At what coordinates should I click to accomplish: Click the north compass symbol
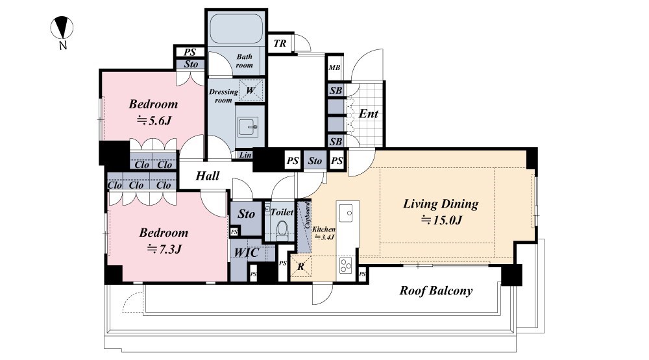click(62, 28)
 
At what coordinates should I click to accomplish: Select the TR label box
click(280, 43)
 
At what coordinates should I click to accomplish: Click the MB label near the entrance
click(334, 67)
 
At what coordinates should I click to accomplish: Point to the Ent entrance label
click(369, 114)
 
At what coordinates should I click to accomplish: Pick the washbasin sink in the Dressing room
click(248, 126)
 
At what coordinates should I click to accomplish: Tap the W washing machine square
click(251, 90)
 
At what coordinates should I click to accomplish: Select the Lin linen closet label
click(245, 155)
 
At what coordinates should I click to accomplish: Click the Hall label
click(208, 176)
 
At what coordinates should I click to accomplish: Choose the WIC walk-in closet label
click(247, 252)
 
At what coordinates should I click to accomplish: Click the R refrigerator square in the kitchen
click(301, 267)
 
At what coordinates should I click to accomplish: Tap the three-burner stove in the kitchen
click(346, 265)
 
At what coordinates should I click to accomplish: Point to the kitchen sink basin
click(346, 213)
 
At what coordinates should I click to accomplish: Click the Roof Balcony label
click(436, 291)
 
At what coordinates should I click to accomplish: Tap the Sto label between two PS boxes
click(315, 161)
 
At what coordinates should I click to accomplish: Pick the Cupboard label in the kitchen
click(308, 215)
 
